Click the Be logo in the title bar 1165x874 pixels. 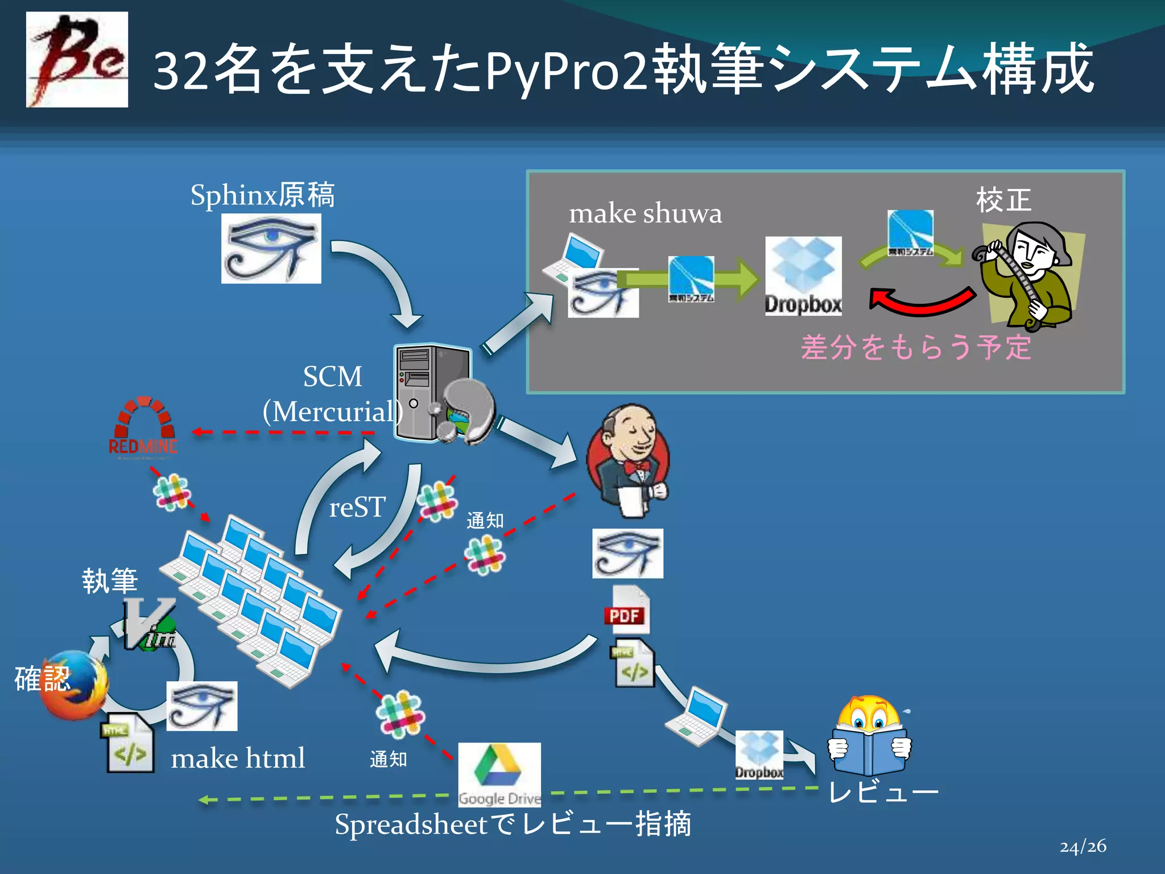(x=77, y=59)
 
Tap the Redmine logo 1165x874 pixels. (x=143, y=427)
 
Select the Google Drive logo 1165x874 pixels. (x=499, y=774)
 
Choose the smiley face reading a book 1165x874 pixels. (x=869, y=736)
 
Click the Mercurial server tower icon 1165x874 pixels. (x=433, y=393)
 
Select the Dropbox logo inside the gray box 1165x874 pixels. (x=803, y=276)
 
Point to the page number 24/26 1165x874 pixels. (x=1083, y=846)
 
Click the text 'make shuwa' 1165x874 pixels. (x=645, y=214)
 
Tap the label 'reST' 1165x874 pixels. (x=357, y=507)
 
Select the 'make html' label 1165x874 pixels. (x=238, y=758)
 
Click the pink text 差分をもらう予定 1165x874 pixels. (x=916, y=347)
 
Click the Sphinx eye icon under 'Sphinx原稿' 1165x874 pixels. (x=271, y=249)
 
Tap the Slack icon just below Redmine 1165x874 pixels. (x=171, y=492)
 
